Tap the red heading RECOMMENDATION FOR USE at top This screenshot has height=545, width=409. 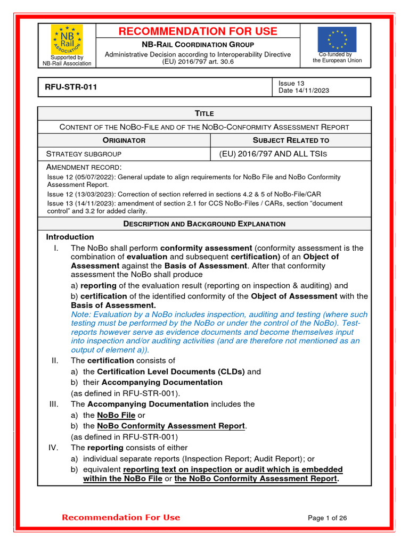pos(198,31)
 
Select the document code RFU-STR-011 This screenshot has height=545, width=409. pos(68,87)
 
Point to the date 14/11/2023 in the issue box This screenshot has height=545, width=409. pos(313,90)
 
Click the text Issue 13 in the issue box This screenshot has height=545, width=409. pos(291,83)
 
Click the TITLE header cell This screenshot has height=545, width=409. pos(204,113)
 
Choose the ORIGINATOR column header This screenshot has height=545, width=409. pos(124,141)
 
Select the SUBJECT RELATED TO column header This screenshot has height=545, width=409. pos(291,141)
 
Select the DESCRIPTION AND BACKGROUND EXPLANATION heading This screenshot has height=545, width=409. pos(204,224)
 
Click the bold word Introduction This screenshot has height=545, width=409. pos(70,237)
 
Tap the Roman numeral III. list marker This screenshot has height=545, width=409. pos(54,404)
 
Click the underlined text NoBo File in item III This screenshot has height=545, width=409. pos(116,415)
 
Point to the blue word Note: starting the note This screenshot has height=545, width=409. pos(81,315)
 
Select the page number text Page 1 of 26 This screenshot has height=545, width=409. pos(328,518)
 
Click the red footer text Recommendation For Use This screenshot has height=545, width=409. pos(121,517)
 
